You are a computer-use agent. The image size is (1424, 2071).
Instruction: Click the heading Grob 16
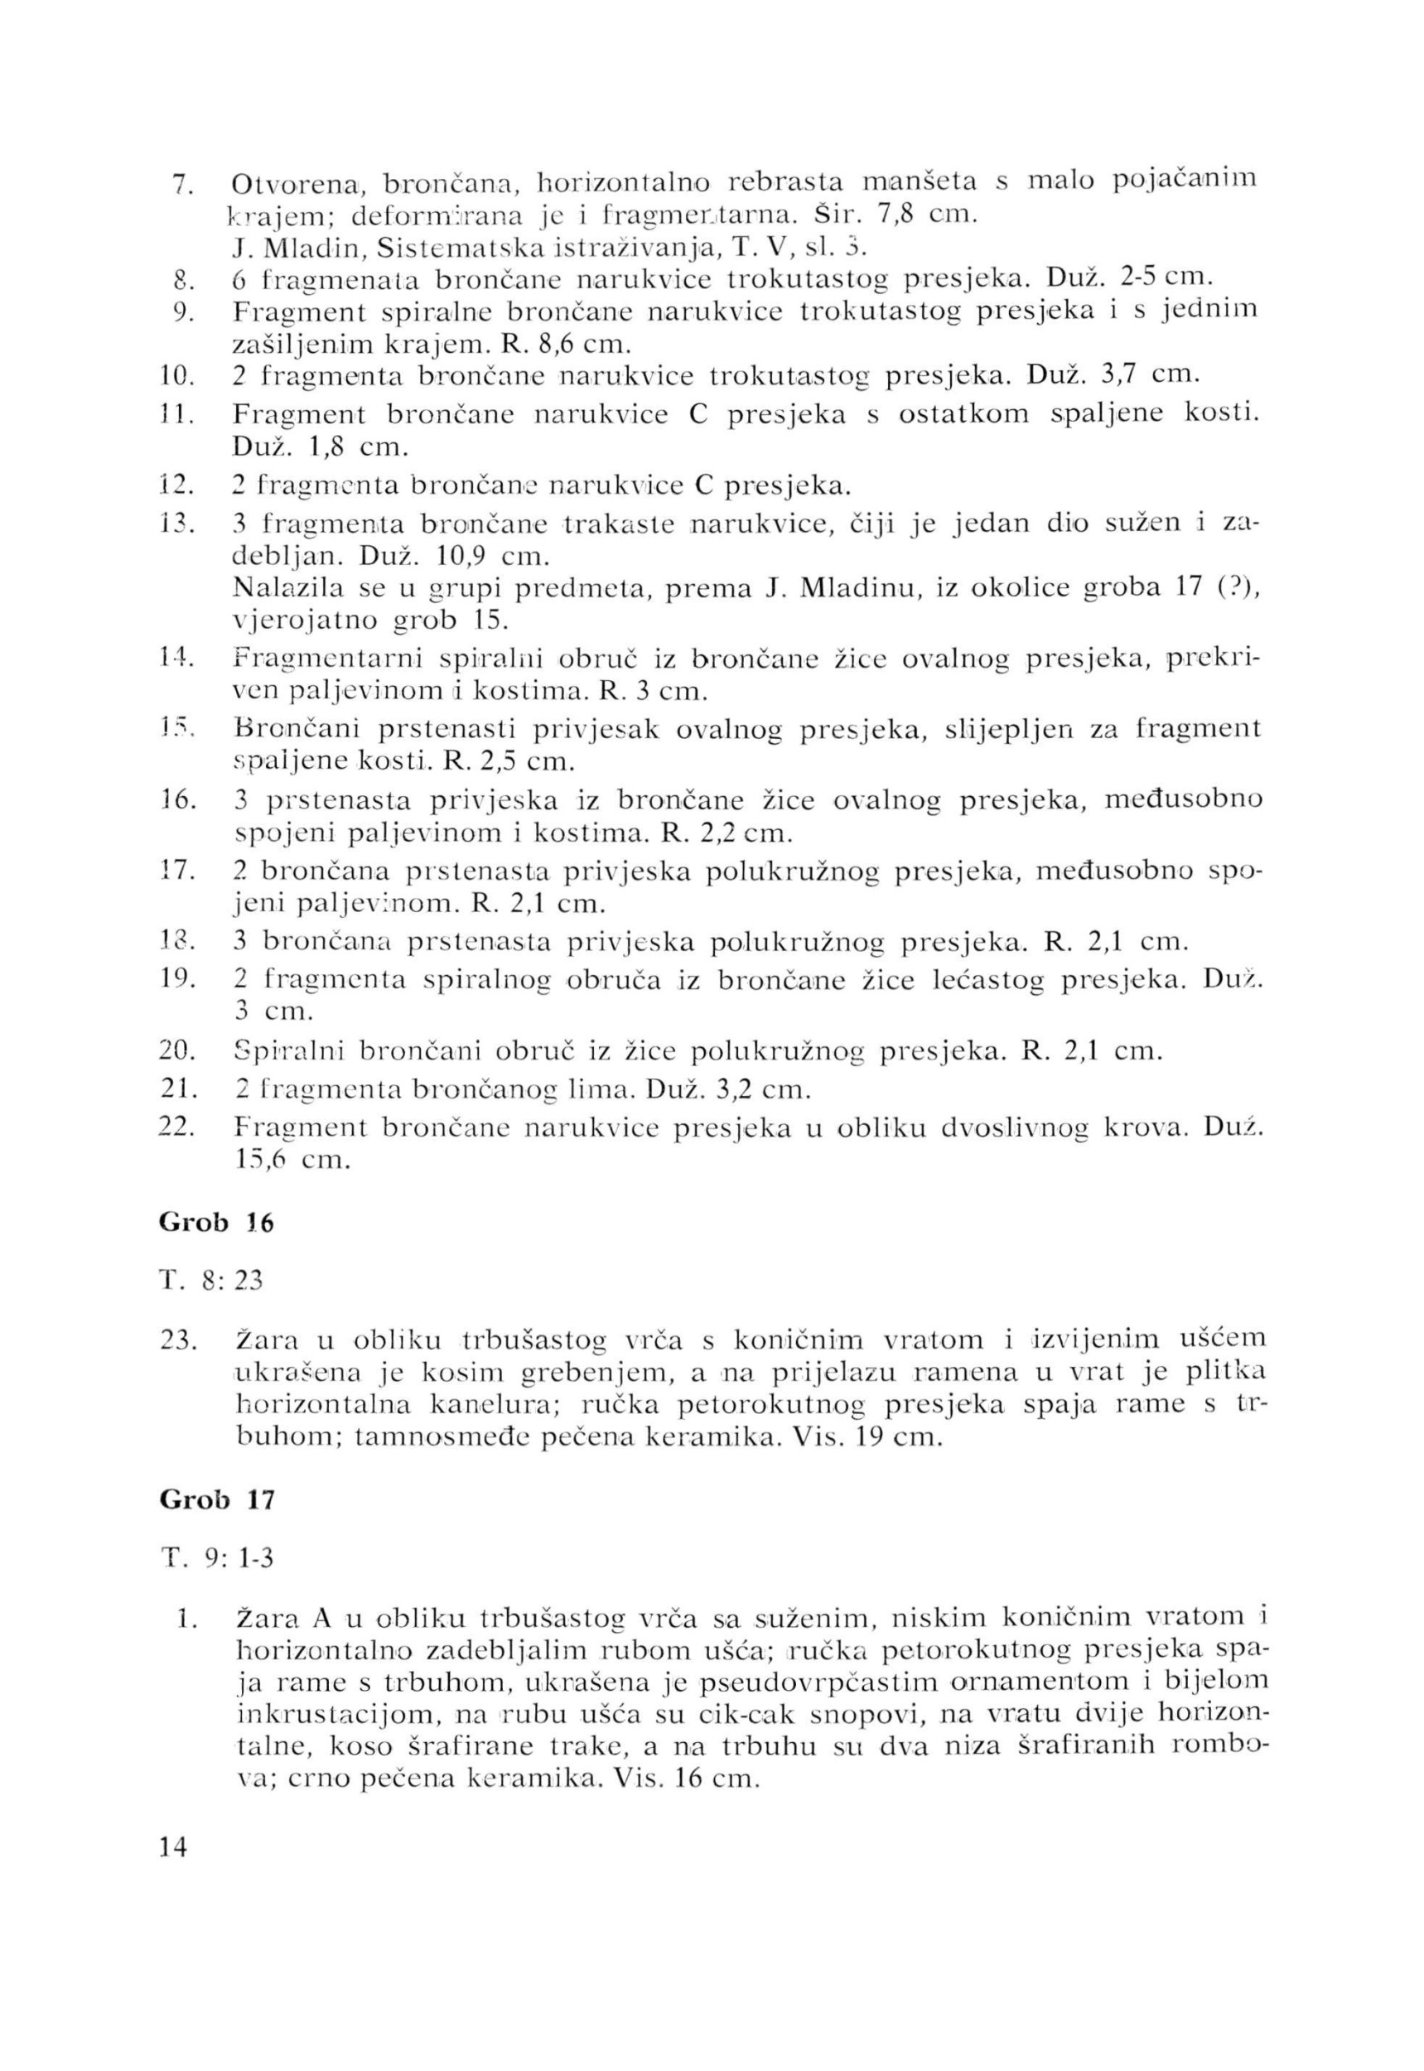point(216,1223)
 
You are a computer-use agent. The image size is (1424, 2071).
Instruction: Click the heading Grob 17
point(216,1500)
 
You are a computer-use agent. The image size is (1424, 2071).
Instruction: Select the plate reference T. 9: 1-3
point(216,1559)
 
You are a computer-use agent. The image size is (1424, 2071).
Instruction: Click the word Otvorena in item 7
point(294,185)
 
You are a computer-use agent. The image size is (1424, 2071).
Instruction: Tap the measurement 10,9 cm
point(490,558)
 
